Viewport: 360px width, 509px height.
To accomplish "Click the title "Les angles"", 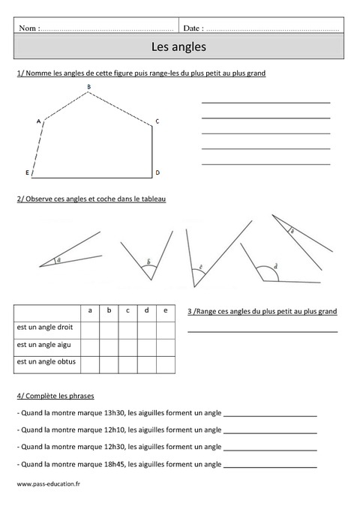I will click(x=178, y=47).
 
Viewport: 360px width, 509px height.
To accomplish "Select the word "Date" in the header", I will click(x=192, y=28).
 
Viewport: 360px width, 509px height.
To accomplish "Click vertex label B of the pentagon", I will click(x=88, y=88).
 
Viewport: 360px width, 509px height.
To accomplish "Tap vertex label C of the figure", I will click(x=157, y=121).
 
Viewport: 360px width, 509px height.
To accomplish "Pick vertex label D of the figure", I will click(x=157, y=173).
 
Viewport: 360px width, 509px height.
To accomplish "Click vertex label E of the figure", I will click(x=27, y=173).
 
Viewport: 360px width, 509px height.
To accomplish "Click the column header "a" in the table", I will click(x=90, y=310).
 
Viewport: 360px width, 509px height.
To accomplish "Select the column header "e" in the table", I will click(x=165, y=310).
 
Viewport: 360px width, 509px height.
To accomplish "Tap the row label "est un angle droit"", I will click(x=46, y=328).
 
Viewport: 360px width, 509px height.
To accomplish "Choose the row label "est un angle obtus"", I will click(x=46, y=363).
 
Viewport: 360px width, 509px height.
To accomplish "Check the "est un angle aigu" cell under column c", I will click(x=127, y=346).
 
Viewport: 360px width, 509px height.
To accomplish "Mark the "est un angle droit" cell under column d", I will click(x=146, y=328).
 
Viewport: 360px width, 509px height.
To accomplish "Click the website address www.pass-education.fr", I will click(x=48, y=484).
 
